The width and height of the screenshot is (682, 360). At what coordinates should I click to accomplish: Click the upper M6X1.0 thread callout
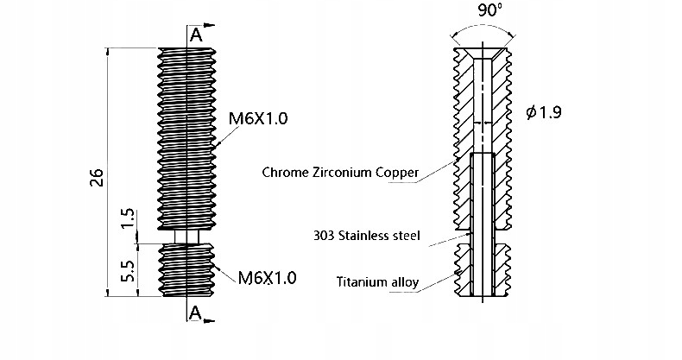click(258, 118)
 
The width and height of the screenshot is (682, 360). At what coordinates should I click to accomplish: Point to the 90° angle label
click(489, 12)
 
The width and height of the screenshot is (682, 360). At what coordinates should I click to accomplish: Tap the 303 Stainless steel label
click(368, 235)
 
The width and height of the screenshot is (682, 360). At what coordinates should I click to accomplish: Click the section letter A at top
click(196, 35)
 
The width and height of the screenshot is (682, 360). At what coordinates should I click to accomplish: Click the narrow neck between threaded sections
click(186, 235)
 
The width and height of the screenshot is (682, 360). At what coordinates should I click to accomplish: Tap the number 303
click(326, 235)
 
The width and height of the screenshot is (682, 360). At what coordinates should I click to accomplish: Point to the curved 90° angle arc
click(485, 28)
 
